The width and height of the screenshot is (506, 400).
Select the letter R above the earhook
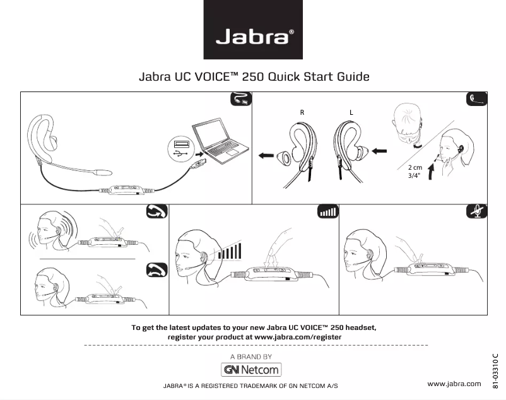click(302, 112)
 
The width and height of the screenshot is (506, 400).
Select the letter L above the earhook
click(351, 112)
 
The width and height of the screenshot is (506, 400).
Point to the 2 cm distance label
click(415, 167)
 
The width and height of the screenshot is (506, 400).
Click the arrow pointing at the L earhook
click(379, 151)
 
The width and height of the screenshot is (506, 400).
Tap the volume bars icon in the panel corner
click(327, 211)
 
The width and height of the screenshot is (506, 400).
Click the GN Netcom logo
click(252, 369)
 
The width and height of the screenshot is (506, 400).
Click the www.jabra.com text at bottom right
click(454, 384)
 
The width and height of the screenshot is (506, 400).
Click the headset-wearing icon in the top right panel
click(477, 99)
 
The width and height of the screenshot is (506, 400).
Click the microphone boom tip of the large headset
click(103, 170)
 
